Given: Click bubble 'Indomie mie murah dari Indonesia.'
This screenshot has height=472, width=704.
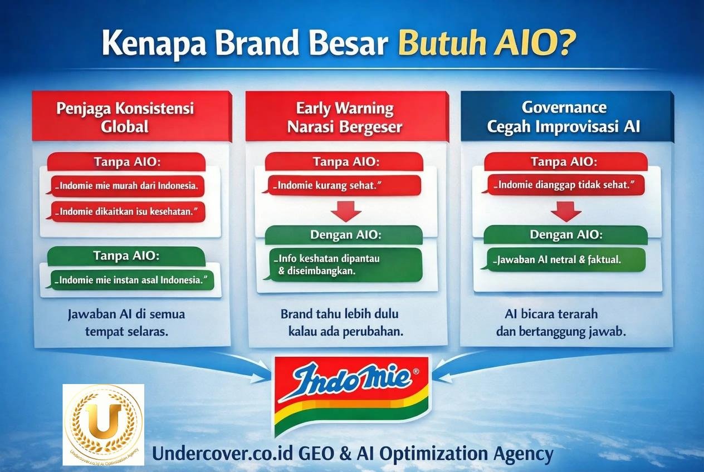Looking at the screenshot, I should [126, 186].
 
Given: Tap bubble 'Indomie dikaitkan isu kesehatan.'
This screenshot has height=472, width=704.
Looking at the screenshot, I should [126, 212].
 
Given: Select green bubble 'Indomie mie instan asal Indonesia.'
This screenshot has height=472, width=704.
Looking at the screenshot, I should [132, 280].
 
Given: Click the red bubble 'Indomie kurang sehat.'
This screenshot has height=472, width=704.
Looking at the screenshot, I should [343, 185].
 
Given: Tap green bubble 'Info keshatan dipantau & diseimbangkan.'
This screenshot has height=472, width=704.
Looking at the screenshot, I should [344, 265].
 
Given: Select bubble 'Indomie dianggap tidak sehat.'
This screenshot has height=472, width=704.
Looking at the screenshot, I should [565, 185].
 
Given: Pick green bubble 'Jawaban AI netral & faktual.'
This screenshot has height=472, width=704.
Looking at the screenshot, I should [562, 259].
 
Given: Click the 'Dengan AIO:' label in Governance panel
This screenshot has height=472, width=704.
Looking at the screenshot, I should [565, 235].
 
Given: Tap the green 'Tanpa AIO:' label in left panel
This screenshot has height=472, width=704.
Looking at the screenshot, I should [126, 256].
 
